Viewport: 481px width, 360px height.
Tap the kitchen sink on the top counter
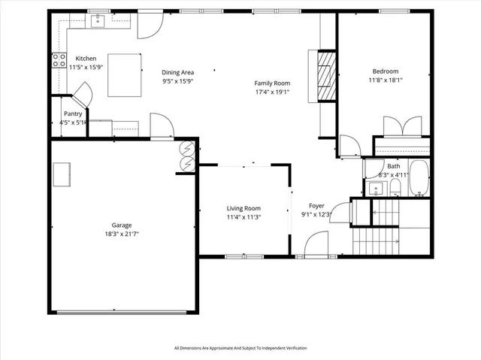coord(98,22)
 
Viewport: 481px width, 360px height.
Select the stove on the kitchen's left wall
coord(58,61)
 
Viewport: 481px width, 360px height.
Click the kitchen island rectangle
coord(125,74)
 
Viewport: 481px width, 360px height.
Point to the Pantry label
coord(72,114)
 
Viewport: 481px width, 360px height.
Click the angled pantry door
coord(82,94)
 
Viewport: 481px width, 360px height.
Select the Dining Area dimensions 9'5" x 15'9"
coord(177,81)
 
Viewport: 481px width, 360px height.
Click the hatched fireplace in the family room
coord(325,76)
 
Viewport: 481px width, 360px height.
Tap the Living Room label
coord(244,208)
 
